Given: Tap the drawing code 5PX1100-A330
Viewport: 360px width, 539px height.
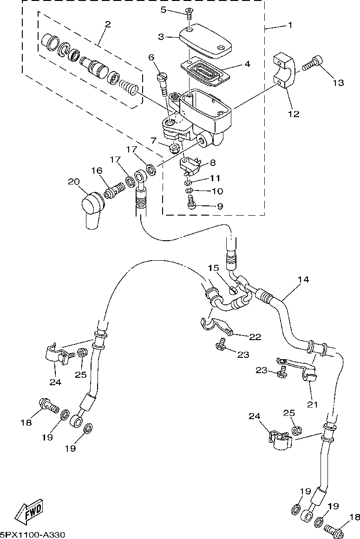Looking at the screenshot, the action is (x=33, y=535).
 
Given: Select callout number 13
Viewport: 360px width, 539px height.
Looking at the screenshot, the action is (x=338, y=83).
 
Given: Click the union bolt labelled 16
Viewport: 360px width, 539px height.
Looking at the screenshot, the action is (x=114, y=191).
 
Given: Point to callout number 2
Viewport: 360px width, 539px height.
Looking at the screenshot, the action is (x=108, y=24).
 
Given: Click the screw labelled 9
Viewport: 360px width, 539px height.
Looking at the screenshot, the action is (x=191, y=202).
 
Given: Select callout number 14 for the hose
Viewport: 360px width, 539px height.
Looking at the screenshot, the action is (x=303, y=279).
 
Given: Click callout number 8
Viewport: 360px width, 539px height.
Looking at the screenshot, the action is (x=213, y=162).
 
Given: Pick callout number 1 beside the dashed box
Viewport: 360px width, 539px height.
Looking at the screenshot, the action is (x=289, y=25).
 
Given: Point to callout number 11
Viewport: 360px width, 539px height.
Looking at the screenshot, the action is (x=215, y=178).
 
